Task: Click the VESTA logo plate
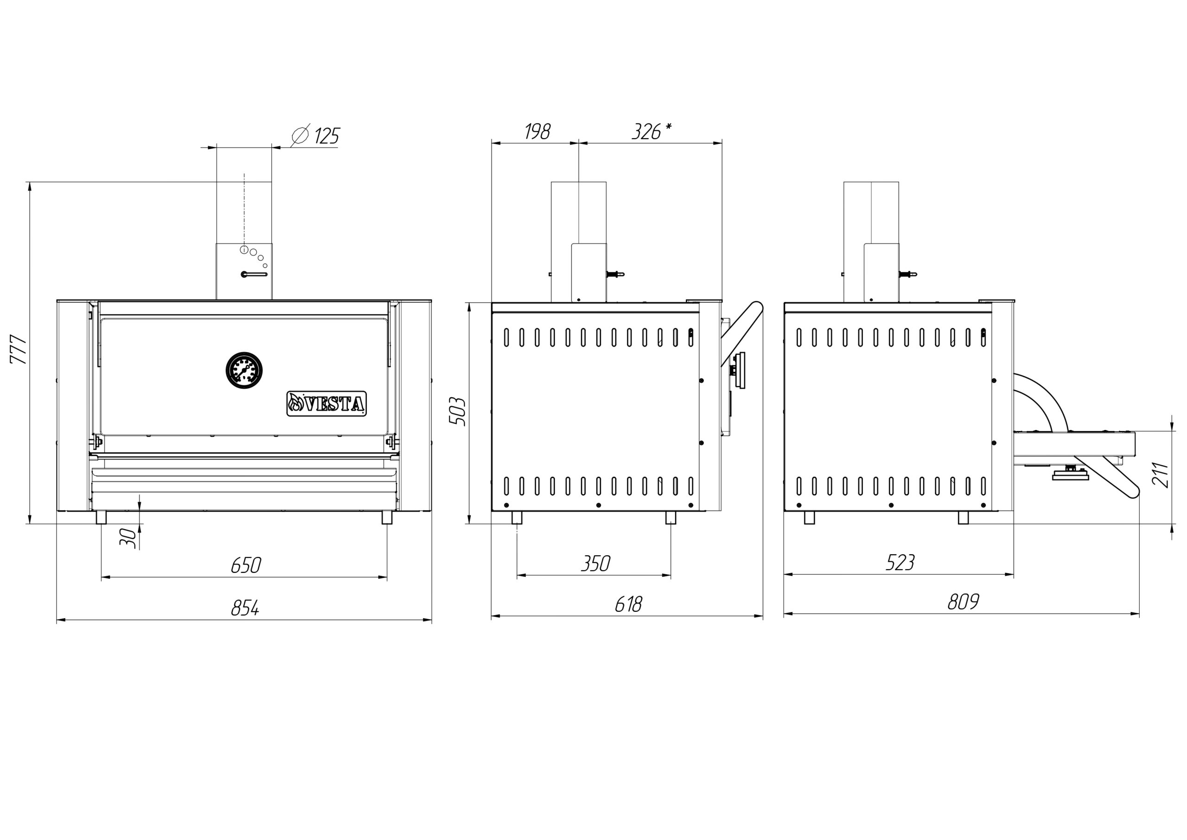(x=327, y=404)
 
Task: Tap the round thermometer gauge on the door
(x=244, y=370)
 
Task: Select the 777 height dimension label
(x=18, y=350)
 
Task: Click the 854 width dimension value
(x=245, y=608)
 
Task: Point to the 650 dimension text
(x=246, y=565)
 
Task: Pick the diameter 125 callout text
(x=315, y=135)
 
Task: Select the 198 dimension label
(x=538, y=131)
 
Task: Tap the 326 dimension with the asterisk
(x=651, y=131)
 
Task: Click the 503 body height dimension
(x=458, y=412)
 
